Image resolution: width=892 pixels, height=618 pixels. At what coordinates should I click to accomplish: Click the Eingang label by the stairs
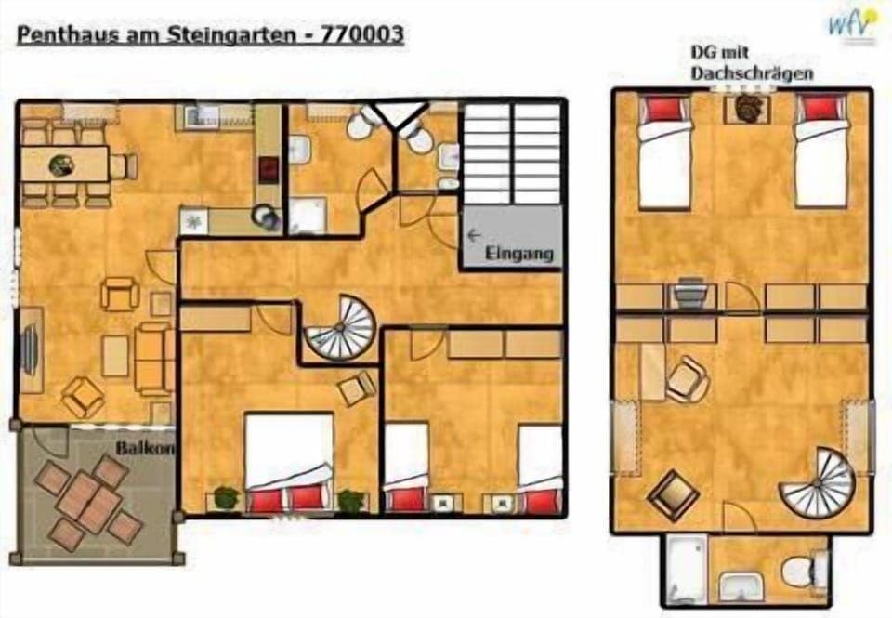pyautogui.click(x=518, y=253)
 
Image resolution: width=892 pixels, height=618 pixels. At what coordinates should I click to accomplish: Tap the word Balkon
pyautogui.click(x=143, y=447)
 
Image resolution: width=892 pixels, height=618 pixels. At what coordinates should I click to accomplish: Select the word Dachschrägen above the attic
pyautogui.click(x=753, y=73)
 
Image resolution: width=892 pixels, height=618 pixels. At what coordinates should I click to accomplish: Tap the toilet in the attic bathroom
pyautogui.click(x=801, y=571)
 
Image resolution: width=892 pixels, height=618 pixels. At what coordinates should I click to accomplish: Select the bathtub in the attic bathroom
pyautogui.click(x=687, y=568)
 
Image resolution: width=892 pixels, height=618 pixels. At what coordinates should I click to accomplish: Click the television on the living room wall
pyautogui.click(x=29, y=348)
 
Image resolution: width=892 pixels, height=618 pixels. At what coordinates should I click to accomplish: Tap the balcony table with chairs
pyautogui.click(x=87, y=503)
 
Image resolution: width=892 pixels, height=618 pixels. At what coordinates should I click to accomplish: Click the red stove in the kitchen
pyautogui.click(x=269, y=168)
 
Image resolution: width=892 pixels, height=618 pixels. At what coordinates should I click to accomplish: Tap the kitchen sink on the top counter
pyautogui.click(x=201, y=115)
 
